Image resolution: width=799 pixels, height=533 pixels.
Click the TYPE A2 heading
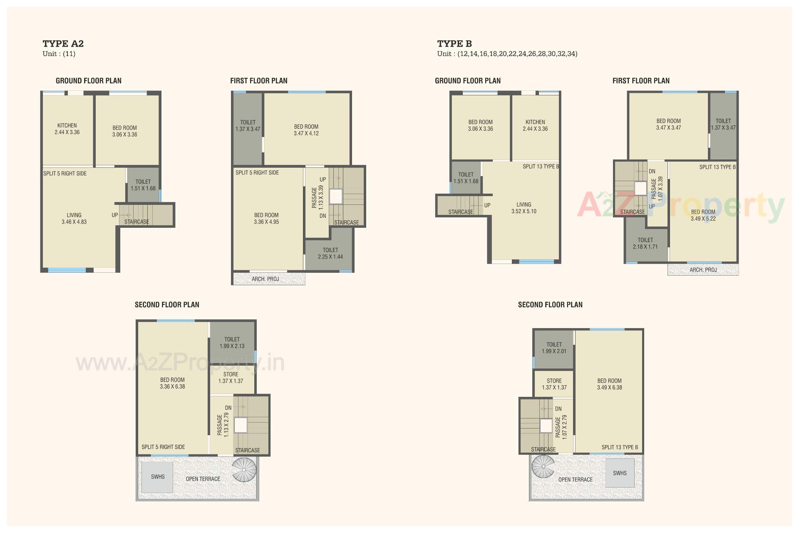point(63,44)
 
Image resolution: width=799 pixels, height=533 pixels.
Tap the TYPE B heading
point(454,44)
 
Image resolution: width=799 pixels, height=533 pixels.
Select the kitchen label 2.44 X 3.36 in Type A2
point(67,129)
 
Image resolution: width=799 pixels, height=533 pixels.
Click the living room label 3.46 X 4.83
point(74,219)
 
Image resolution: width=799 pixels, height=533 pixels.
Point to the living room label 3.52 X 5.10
point(524,208)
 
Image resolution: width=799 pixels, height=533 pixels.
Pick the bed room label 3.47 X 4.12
point(306,130)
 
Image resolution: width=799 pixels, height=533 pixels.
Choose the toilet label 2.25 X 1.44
point(330,253)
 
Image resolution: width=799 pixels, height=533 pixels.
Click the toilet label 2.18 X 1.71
point(645,243)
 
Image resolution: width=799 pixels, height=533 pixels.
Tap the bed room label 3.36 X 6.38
point(172,383)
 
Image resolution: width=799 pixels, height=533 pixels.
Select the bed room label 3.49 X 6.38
point(609,384)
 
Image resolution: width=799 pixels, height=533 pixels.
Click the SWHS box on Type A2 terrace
point(157,477)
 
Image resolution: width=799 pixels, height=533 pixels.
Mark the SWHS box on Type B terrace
point(620,473)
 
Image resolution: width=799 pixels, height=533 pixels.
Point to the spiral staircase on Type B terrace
point(543,466)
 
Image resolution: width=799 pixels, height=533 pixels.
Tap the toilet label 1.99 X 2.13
point(232,343)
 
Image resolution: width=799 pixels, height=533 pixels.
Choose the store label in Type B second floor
point(554,384)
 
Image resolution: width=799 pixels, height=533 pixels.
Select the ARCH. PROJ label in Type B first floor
point(703,270)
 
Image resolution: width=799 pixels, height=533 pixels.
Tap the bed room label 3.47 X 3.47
point(668,124)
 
